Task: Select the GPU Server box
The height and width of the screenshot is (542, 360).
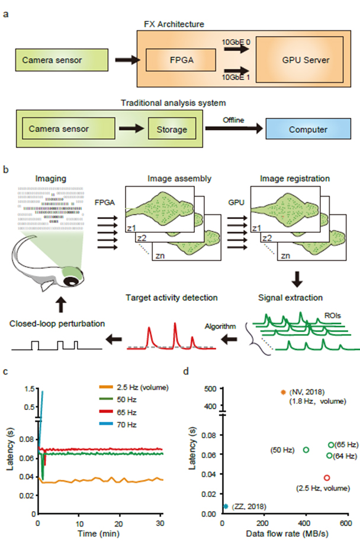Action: (297, 60)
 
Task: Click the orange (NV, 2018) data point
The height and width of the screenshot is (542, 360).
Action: (282, 392)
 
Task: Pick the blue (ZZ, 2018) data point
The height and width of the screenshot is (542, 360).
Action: (226, 506)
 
